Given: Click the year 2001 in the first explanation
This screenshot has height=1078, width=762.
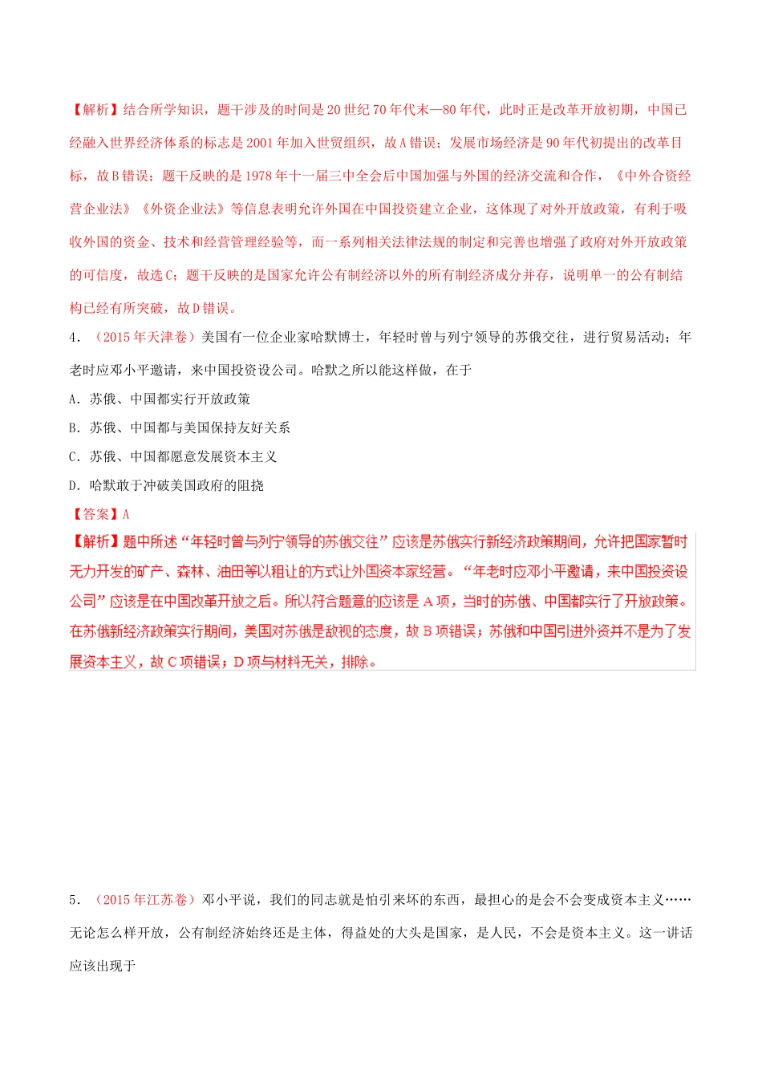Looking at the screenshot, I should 260,143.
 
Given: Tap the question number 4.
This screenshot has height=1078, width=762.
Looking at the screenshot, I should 73,338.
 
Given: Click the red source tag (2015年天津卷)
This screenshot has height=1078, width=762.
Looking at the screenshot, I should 144,338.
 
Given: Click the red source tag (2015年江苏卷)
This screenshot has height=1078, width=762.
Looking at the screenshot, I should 144,900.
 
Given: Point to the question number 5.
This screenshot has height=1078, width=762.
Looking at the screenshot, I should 73,900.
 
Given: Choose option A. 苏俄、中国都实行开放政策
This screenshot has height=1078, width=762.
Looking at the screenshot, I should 160,399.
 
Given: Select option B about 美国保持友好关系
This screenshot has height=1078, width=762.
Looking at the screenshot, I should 180,428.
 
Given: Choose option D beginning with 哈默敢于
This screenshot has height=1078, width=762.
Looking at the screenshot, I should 166,485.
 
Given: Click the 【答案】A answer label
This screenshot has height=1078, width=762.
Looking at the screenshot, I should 99,514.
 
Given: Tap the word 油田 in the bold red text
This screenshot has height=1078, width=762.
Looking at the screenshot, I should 245,572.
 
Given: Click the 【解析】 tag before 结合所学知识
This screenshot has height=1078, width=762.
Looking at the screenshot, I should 95,110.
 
